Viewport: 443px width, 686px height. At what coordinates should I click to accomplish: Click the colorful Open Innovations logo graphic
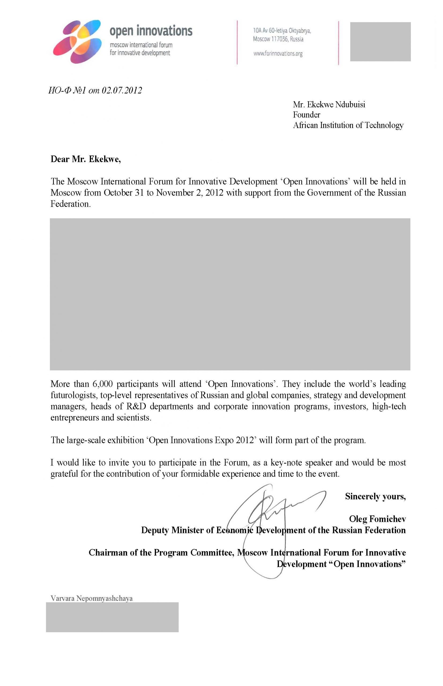77,42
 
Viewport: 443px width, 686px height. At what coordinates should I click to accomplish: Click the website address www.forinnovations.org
278,54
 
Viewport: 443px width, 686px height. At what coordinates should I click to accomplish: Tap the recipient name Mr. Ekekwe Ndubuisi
329,105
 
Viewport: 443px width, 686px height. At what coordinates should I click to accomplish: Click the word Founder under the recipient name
306,115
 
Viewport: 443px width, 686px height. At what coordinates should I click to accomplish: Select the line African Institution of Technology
348,125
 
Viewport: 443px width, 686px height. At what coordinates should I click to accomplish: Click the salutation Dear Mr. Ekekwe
85,159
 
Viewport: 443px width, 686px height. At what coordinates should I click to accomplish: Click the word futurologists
74,395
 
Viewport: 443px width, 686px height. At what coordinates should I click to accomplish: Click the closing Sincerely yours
375,497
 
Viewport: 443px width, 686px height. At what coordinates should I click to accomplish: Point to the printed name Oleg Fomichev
377,519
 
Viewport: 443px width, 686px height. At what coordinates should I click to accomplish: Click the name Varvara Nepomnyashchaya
91,599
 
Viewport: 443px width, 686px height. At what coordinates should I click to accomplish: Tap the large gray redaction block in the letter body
230,294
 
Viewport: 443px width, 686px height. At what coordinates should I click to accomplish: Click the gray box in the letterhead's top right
380,42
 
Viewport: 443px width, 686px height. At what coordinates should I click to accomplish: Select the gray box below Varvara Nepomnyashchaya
112,617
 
